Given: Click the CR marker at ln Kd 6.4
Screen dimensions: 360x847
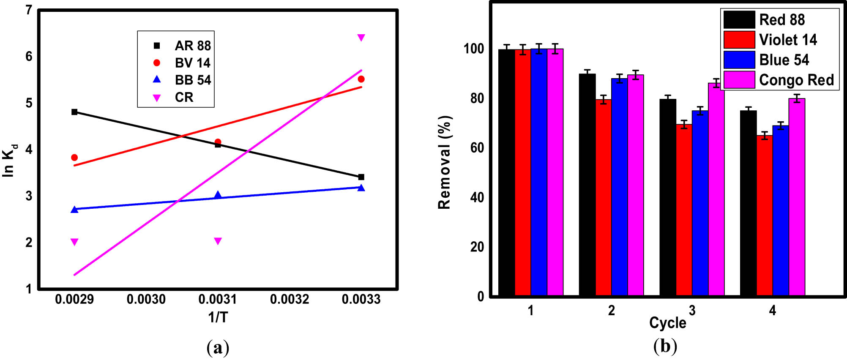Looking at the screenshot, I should coord(361,38).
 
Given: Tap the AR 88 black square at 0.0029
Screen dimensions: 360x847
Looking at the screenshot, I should coord(74,112).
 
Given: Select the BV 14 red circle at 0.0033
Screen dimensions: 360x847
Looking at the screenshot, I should coord(361,79).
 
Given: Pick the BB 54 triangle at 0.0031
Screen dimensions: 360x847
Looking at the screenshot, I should coord(218,195).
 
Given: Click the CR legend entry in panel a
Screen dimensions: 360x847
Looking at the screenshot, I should coord(183,97).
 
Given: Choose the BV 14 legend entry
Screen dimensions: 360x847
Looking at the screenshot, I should coord(192,63).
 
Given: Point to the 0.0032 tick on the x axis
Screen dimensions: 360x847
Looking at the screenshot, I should coord(290,299).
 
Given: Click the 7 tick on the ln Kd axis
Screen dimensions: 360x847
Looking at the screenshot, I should coord(29,10).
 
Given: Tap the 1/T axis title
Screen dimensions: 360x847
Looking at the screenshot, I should coord(218,317).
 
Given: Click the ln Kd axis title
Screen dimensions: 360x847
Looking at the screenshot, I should coord(9,161).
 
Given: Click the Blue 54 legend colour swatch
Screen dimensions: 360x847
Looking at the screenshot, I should coord(739,60).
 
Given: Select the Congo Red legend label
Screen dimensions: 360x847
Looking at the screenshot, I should coord(796,80).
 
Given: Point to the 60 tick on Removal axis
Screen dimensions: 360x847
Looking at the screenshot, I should coord(477,148).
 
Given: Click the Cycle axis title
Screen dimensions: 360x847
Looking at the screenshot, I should coord(667,322).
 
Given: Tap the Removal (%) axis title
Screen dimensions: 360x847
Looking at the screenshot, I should coord(444,162).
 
